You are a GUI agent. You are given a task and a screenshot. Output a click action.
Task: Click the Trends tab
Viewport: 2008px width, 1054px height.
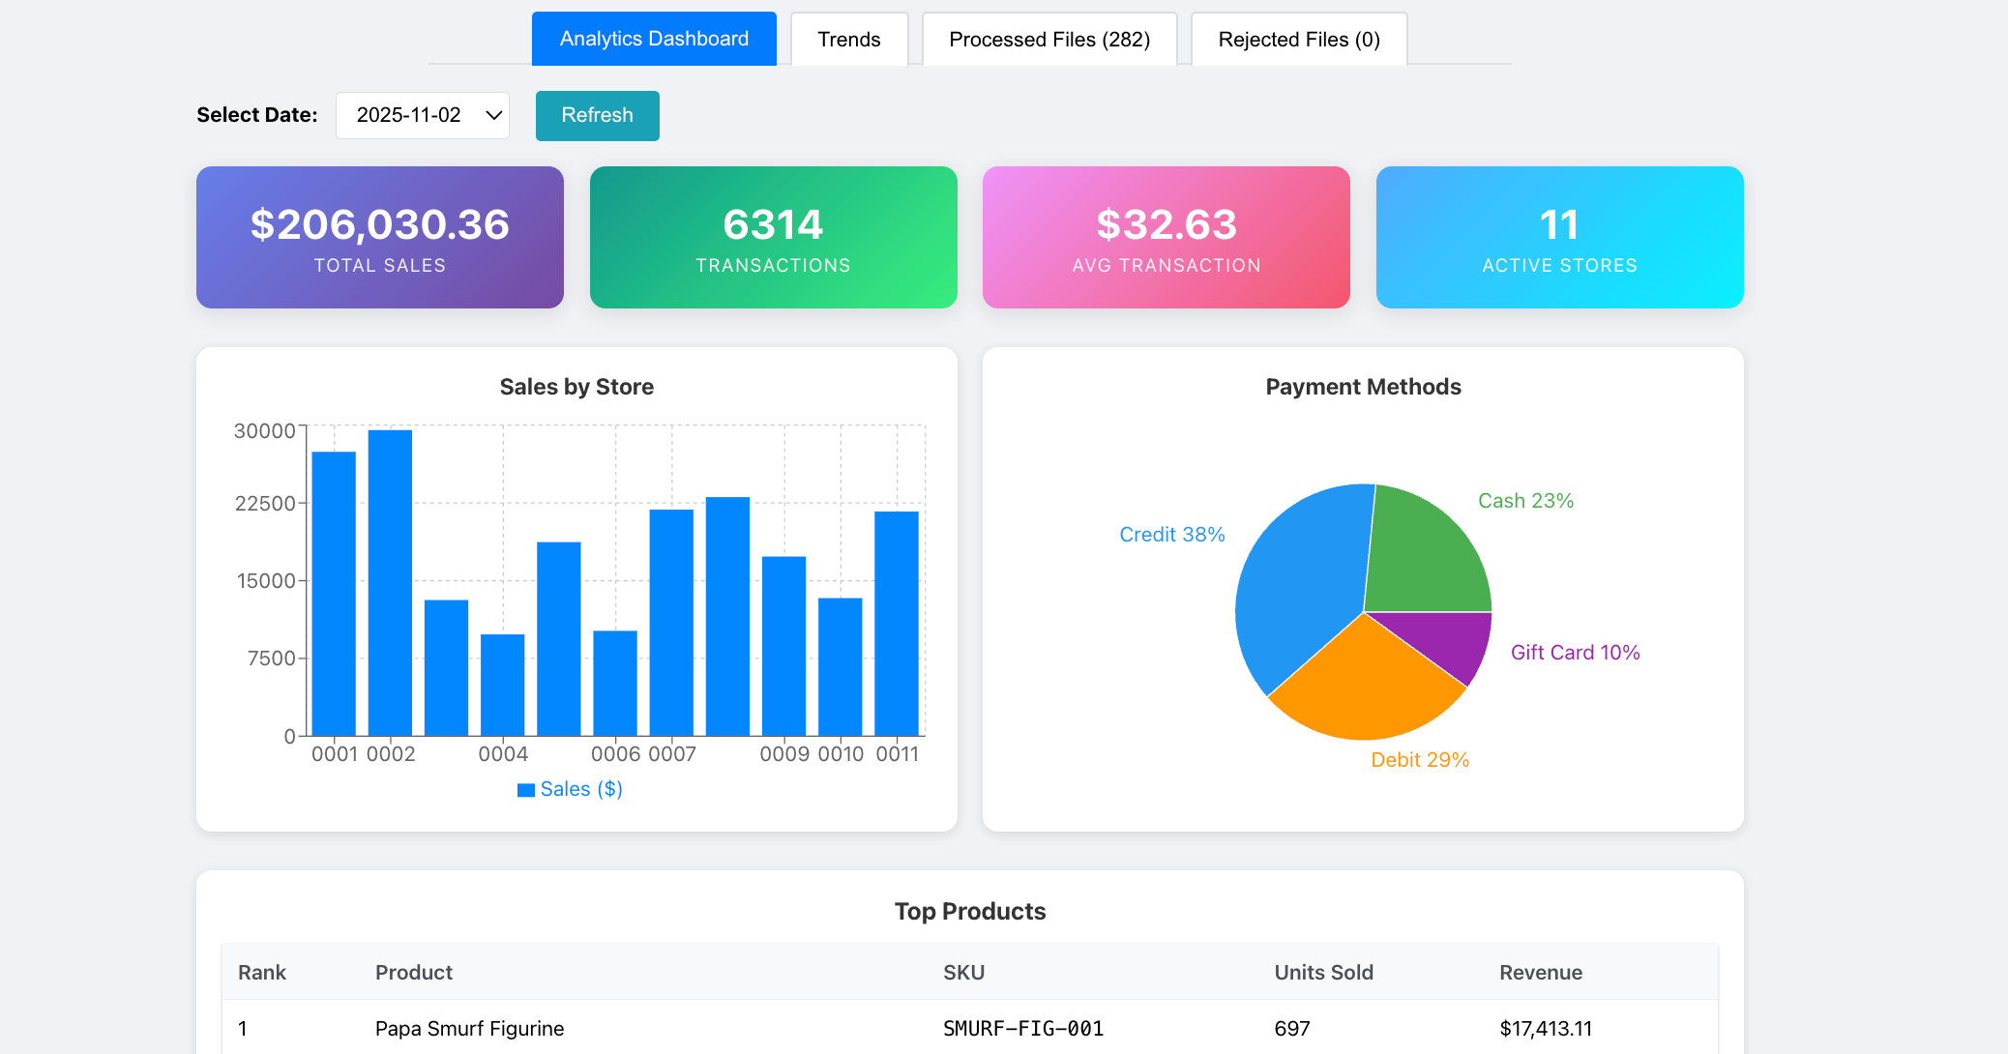(x=848, y=40)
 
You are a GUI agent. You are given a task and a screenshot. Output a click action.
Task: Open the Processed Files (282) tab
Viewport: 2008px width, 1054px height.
(x=1049, y=40)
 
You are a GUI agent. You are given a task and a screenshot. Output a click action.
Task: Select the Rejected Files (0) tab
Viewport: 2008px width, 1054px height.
(x=1298, y=40)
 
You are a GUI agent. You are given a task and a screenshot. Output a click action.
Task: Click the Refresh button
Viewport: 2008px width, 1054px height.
(x=597, y=115)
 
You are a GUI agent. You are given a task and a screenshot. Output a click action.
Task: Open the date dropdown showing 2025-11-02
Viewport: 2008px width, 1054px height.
(x=423, y=115)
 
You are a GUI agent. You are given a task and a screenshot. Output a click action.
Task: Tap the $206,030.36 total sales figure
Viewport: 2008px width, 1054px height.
(x=379, y=224)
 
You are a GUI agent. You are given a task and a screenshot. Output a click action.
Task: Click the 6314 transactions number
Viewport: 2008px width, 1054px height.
(x=773, y=224)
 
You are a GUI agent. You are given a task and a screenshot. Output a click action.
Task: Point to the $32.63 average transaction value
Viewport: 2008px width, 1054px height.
(x=1166, y=224)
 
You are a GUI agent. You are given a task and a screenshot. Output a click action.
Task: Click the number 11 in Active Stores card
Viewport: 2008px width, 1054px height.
(x=1559, y=224)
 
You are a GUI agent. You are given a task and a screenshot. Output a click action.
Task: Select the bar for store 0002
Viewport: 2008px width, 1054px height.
(x=390, y=580)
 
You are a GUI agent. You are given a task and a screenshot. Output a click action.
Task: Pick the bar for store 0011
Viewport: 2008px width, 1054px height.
(x=896, y=624)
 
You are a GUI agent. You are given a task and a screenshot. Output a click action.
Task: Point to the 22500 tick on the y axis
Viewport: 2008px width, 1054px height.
(x=265, y=504)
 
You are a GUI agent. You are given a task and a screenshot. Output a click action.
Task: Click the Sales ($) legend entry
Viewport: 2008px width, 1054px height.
(x=571, y=789)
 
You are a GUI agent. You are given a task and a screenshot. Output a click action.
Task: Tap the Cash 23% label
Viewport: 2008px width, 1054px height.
(x=1525, y=501)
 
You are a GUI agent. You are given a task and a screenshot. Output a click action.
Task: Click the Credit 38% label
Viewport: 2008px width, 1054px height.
(x=1171, y=535)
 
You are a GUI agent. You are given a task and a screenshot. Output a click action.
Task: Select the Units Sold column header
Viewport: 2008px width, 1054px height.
(x=1323, y=973)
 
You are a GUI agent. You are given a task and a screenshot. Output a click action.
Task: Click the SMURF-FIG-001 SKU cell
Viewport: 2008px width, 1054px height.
(x=1023, y=1029)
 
